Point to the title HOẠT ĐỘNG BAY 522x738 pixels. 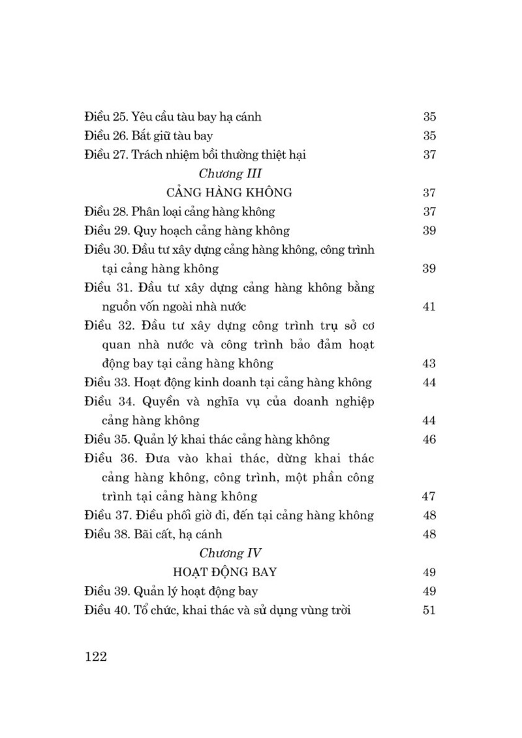point(226,572)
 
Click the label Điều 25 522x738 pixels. point(106,117)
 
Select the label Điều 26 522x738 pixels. point(106,136)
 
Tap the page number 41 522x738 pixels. point(429,307)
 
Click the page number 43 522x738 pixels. point(429,363)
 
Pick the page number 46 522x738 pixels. point(429,439)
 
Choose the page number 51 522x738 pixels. point(429,611)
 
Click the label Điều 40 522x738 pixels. point(106,611)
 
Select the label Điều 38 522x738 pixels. point(106,534)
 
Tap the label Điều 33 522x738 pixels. point(106,382)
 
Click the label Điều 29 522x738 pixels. point(106,230)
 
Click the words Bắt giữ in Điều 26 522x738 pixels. point(152,136)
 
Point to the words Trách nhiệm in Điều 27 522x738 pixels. point(164,155)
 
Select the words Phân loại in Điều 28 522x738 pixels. point(156,211)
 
